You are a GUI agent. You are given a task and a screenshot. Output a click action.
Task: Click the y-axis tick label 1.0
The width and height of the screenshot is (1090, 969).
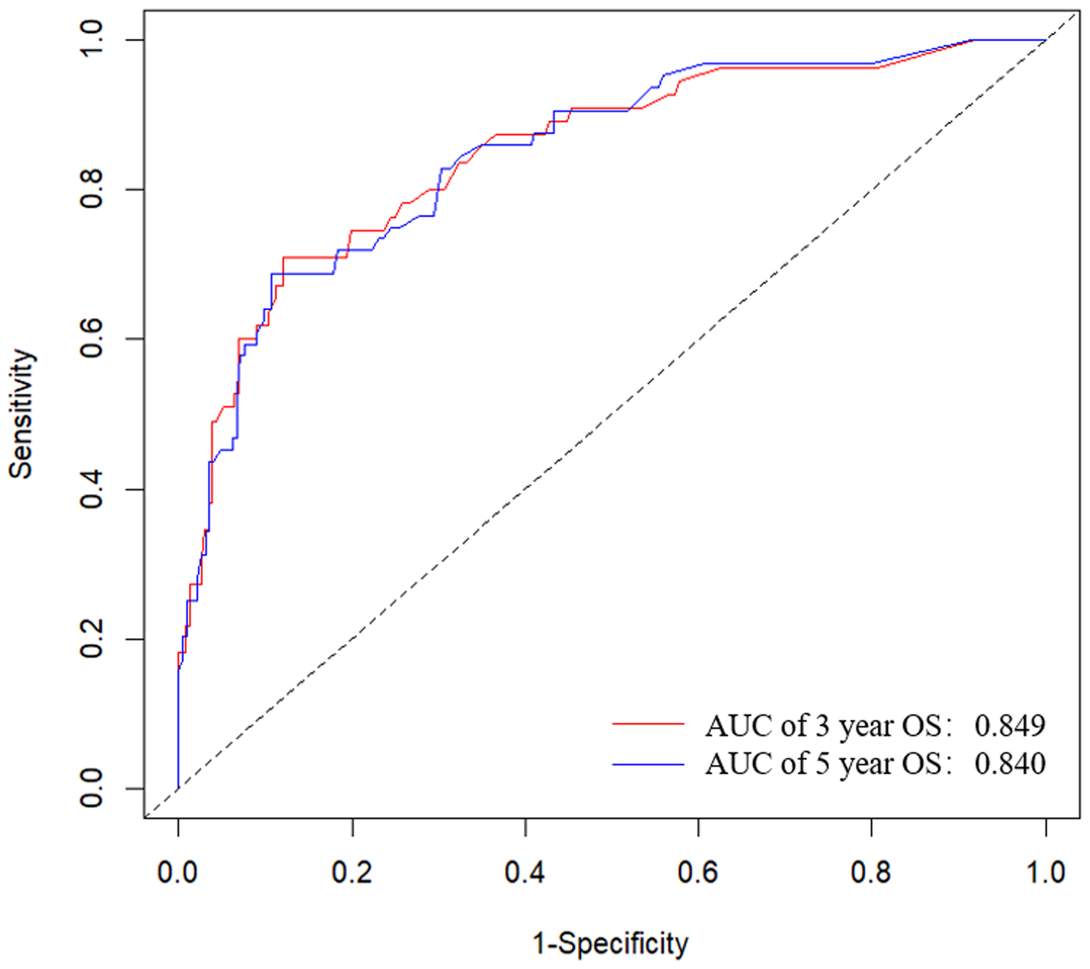point(92,39)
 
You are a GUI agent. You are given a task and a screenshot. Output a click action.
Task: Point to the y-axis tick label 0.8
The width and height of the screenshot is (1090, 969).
point(92,189)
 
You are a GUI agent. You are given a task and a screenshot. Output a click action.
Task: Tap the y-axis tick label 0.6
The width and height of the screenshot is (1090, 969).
point(92,339)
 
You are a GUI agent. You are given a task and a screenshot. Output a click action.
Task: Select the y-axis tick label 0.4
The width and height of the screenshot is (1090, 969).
point(92,489)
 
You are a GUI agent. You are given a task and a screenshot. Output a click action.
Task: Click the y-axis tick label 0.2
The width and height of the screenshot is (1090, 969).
point(92,639)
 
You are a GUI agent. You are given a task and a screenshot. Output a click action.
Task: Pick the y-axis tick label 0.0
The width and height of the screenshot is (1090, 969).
point(92,789)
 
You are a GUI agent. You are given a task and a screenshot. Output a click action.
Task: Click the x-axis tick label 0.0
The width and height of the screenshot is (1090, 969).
point(178,872)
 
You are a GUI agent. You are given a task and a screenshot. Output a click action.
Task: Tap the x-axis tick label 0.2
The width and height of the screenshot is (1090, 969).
point(351,872)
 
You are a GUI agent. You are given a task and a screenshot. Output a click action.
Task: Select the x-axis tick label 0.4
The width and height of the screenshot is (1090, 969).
point(525,872)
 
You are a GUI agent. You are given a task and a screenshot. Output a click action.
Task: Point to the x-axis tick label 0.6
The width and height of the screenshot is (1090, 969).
point(698,872)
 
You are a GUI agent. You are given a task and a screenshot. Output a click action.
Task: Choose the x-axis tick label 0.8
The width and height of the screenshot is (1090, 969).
point(871,872)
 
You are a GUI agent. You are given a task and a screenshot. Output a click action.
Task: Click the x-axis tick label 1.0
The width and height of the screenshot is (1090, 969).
point(1046,872)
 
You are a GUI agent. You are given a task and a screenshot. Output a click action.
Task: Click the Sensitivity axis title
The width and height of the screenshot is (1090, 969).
point(22,414)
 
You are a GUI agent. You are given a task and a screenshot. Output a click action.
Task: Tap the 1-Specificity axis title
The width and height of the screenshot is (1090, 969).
point(610,944)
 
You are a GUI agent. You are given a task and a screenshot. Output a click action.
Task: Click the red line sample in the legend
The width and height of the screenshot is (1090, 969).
point(648,725)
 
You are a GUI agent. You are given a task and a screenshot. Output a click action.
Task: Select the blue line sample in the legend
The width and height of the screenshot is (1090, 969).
point(648,765)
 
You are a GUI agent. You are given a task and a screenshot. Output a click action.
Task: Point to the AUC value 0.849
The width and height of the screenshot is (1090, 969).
point(1010,725)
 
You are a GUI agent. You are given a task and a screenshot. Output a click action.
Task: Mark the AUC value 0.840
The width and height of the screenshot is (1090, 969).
point(1010,764)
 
